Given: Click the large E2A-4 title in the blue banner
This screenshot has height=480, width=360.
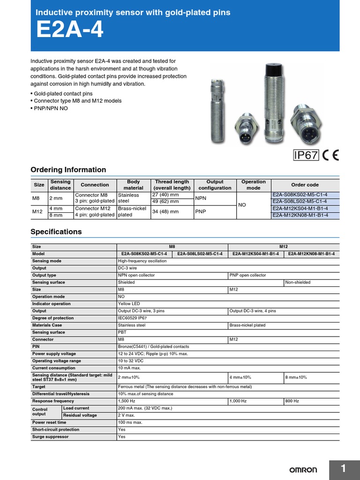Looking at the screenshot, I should pos(70,31).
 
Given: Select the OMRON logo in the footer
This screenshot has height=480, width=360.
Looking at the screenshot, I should pos(303,470).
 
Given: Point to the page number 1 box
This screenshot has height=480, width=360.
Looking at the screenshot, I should pos(343,469).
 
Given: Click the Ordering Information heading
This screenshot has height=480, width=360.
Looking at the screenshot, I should pos(68,170).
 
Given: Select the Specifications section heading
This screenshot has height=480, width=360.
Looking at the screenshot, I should pos(56,232).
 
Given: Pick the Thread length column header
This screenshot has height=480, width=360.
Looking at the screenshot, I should pos(172,185).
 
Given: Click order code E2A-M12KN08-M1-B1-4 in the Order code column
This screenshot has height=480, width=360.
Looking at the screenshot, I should pos(300,215).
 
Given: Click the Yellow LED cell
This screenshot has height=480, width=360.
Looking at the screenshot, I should pos(129,304).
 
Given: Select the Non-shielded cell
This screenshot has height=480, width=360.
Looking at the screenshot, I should pos(298,283).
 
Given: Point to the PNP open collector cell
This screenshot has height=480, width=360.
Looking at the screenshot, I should pos(247,276).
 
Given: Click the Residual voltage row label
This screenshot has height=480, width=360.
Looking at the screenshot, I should pos(80,415).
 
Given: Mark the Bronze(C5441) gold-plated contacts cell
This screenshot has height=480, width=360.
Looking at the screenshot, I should pos(153,346).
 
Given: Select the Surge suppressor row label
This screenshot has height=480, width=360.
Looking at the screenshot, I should pos(50,437).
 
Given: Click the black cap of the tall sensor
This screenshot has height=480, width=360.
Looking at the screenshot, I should pos(271,71).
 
